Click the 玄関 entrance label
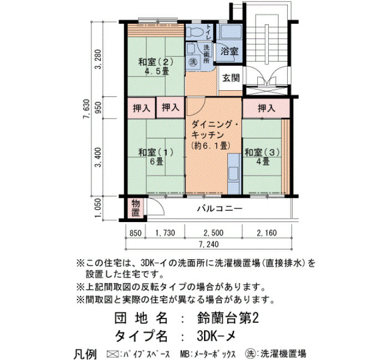click(x=231, y=78)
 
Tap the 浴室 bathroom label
click(x=229, y=51)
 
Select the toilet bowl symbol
click(x=194, y=32)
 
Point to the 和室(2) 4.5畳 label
click(x=156, y=66)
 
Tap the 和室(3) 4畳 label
click(x=262, y=157)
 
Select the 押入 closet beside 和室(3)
click(x=267, y=108)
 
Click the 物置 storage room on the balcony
click(x=136, y=208)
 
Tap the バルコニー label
click(x=219, y=209)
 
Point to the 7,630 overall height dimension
click(x=86, y=109)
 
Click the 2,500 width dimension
click(x=213, y=233)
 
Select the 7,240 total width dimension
click(x=209, y=244)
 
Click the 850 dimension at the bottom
click(x=135, y=233)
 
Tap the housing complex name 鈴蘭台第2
click(x=228, y=318)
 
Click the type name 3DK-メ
click(x=216, y=336)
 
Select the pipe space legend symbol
click(x=112, y=353)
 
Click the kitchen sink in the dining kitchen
click(x=234, y=174)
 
